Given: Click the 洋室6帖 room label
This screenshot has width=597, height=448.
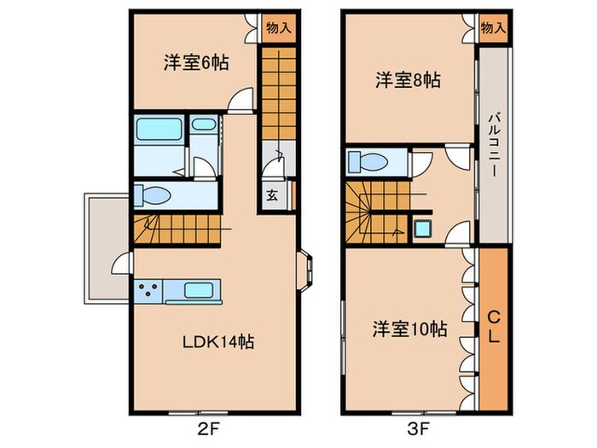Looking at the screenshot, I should pos(195,63).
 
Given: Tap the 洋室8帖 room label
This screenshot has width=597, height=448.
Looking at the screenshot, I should pos(408,80).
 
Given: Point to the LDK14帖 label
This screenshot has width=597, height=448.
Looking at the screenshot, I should pos(218,342).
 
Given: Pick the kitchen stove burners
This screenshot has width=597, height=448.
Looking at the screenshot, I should pos(147,289).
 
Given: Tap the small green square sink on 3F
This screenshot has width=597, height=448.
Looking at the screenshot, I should pos(422,228).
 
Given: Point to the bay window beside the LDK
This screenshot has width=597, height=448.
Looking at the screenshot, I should pos(306,270).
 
